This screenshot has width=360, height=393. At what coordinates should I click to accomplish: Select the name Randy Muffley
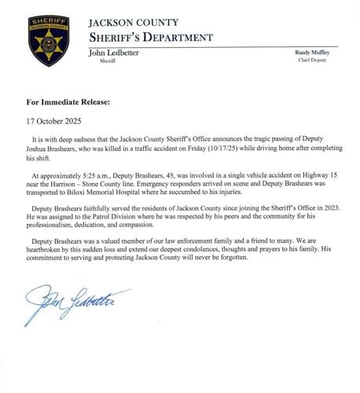(312, 52)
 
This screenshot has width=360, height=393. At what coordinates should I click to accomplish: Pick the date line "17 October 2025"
(52, 121)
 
